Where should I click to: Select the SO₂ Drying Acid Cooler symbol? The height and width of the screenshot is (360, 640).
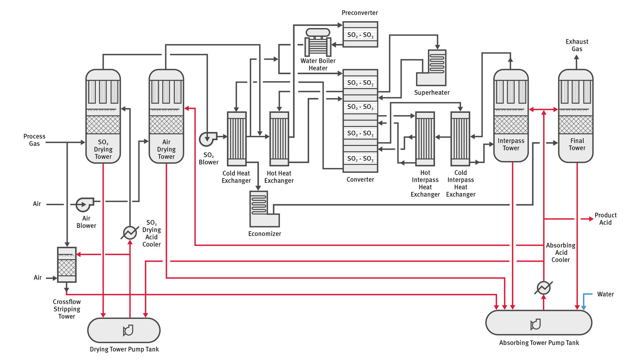(x=130, y=232)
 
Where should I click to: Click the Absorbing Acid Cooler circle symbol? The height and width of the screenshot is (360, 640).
(x=544, y=288)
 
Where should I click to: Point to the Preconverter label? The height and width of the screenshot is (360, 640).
(x=360, y=12)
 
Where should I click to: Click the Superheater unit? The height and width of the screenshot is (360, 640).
(x=431, y=68)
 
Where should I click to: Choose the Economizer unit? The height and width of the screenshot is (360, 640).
(x=264, y=209)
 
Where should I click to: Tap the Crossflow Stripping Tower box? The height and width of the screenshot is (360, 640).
(x=66, y=264)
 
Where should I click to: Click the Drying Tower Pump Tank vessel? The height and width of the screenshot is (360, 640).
(x=124, y=330)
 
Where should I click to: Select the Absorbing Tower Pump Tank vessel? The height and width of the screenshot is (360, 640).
(x=539, y=322)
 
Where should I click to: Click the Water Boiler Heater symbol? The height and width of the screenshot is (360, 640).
(x=318, y=42)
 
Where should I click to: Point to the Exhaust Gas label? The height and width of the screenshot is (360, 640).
(x=577, y=45)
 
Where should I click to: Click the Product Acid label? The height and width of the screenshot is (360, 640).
(x=606, y=219)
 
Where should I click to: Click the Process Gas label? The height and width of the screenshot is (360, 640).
(x=34, y=140)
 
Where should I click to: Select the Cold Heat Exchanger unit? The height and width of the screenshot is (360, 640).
(x=236, y=139)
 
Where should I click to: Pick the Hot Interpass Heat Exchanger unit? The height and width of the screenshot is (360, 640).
(x=425, y=139)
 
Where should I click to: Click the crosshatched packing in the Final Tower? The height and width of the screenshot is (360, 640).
(x=576, y=124)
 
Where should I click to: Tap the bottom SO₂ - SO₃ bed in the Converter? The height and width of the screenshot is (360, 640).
(x=360, y=158)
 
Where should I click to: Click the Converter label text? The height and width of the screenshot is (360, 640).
(x=360, y=180)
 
